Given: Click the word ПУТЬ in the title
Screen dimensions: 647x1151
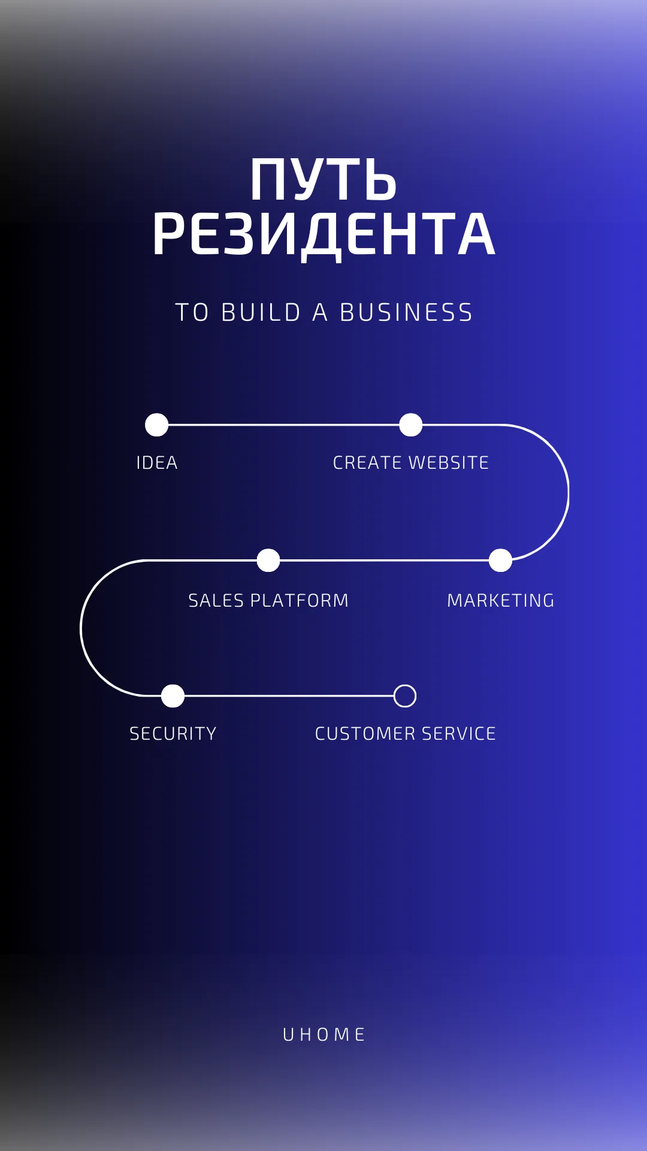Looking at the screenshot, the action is [x=323, y=179].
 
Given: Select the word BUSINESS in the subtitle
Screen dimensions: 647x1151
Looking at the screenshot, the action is [x=406, y=312].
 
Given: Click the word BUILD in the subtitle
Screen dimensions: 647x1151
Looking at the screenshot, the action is [x=261, y=312].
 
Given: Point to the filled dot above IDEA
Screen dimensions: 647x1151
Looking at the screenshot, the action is [x=157, y=425].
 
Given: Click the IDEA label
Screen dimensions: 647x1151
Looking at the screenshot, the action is [x=157, y=463].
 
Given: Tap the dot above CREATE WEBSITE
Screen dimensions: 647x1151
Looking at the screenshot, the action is [x=411, y=425].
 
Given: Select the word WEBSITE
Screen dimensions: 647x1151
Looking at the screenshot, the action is [x=449, y=463].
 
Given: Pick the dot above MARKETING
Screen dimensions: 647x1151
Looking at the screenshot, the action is [x=500, y=561].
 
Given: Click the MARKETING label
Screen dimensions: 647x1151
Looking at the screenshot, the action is [x=501, y=600].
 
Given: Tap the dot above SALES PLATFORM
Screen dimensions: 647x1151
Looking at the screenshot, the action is [x=268, y=561].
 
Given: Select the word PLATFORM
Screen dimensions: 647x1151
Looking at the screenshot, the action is [x=299, y=600].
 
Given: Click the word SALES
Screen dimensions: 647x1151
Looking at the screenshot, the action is [x=216, y=600].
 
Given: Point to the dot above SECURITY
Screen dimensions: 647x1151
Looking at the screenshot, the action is [x=173, y=696].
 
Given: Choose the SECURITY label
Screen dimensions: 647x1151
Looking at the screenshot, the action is [x=173, y=733].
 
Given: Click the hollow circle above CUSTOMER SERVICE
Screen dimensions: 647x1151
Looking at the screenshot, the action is [x=405, y=685].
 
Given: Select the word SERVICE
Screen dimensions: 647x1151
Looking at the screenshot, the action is [x=459, y=733].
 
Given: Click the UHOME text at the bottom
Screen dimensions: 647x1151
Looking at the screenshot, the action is [x=324, y=1034].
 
